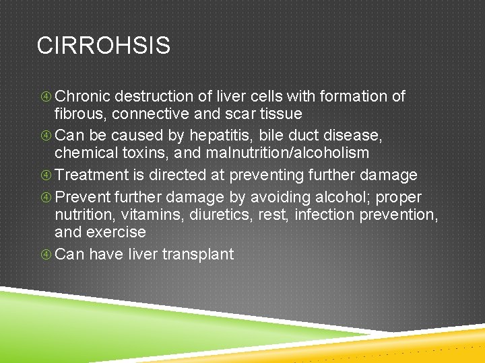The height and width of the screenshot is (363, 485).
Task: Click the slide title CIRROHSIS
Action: point(104,46)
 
